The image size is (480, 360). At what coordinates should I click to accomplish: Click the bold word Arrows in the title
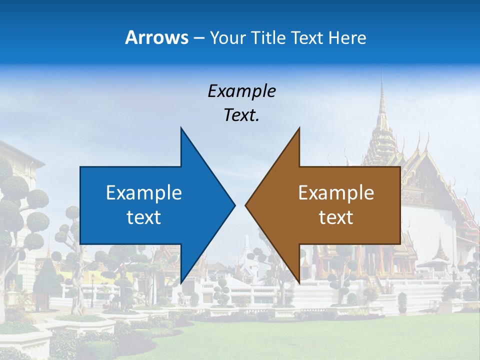pos(156,37)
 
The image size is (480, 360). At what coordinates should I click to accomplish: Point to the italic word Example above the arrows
pos(241,91)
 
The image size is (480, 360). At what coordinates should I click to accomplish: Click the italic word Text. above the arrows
pos(241,115)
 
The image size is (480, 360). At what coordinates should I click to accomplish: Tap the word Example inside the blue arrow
pos(144,192)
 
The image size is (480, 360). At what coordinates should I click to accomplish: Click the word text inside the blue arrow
pos(144,217)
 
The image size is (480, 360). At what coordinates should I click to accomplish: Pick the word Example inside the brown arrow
pos(336,192)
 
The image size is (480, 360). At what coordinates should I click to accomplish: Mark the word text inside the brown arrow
pos(336,217)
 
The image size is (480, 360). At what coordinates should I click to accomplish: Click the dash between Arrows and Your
pos(198,38)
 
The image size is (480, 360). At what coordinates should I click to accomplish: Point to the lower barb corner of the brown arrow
pos(298,281)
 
